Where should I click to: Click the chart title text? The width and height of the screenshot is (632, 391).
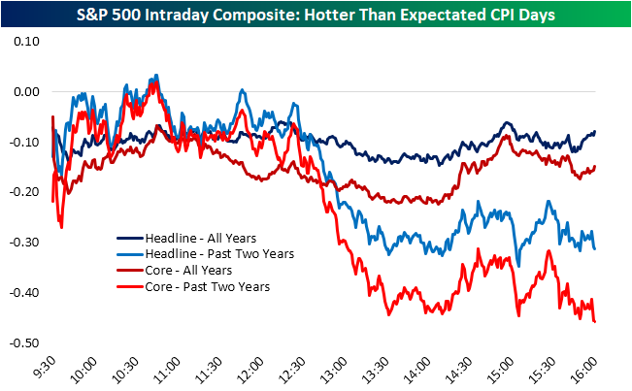tap(316, 13)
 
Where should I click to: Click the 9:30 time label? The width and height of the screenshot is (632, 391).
tap(44, 369)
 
